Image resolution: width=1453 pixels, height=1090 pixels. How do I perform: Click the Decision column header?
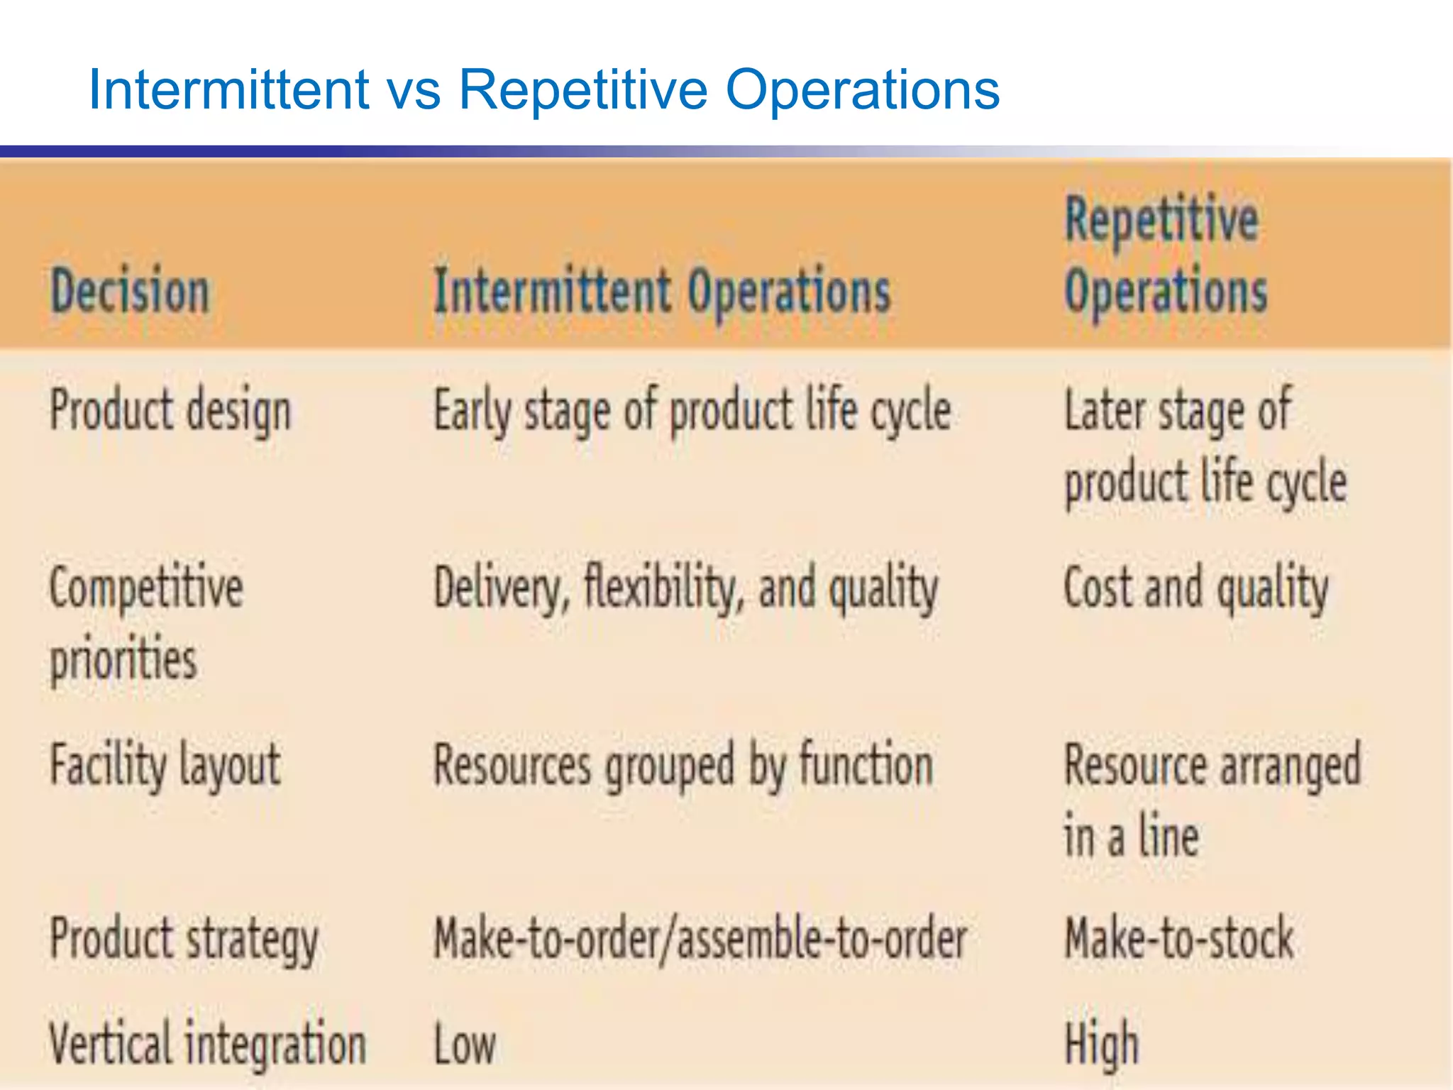pyautogui.click(x=131, y=291)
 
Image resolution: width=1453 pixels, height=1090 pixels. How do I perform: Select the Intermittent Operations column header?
pyautogui.click(x=661, y=291)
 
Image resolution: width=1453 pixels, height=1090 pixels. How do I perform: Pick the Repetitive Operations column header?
pyautogui.click(x=1165, y=255)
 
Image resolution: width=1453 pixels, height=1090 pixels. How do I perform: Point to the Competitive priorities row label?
pyautogui.click(x=145, y=623)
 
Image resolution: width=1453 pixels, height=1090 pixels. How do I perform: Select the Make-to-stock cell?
pyautogui.click(x=1179, y=939)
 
